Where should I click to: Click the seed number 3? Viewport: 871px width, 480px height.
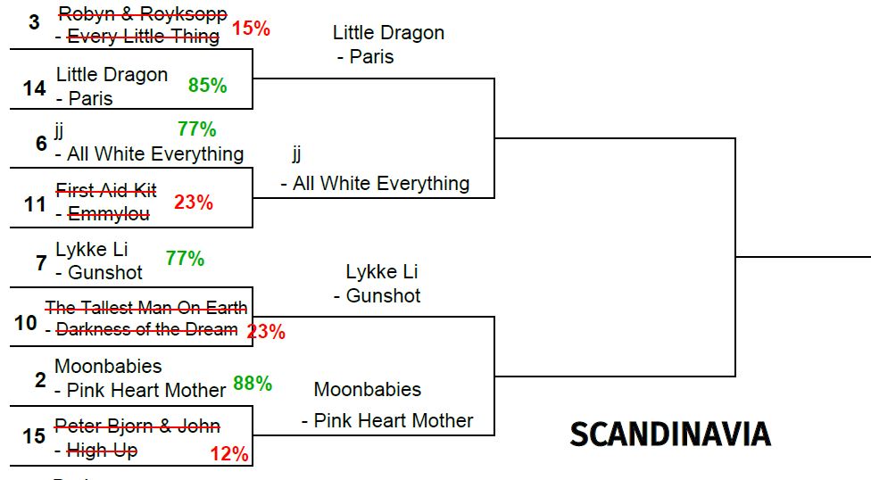point(34,21)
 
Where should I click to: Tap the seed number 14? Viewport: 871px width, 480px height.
point(35,88)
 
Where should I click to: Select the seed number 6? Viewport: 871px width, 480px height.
point(41,143)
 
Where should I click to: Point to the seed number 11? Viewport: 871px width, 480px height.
point(35,204)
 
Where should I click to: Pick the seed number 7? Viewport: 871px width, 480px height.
point(41,262)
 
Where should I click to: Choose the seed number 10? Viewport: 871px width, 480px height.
point(26,322)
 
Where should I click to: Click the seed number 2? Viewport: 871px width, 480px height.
point(40,380)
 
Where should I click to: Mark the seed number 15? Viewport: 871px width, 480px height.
point(34,436)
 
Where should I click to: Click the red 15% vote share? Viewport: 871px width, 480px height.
point(251,29)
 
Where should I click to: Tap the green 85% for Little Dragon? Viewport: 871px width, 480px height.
point(207,86)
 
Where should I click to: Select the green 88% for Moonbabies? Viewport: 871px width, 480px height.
point(253,384)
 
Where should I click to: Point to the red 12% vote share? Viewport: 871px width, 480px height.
point(229,454)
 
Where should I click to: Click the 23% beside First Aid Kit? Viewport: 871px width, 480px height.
point(194,203)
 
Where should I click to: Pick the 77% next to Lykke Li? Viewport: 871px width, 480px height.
point(185,259)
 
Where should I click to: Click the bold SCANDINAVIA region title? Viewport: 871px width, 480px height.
point(670,434)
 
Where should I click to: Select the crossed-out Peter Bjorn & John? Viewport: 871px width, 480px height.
point(137,426)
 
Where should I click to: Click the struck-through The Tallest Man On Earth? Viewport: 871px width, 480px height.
point(146,308)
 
